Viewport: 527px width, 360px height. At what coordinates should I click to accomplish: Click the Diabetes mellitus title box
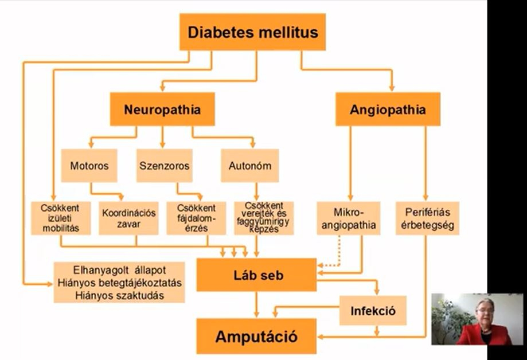coord(252,32)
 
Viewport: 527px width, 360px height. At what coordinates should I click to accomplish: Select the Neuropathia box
coord(162,109)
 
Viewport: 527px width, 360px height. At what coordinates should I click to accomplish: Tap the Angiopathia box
coord(388,109)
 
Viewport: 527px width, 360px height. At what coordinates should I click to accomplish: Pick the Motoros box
coord(89,166)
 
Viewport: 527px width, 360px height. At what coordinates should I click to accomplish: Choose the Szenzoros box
coord(164,166)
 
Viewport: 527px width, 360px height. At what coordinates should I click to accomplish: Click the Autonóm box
coord(249,166)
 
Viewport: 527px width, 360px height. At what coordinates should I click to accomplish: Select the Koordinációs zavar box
coord(128,218)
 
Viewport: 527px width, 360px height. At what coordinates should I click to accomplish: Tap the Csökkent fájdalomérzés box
coord(196,218)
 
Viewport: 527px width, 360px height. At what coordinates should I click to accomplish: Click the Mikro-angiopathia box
coord(349,218)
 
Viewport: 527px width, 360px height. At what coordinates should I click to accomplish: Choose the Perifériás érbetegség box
coord(427,218)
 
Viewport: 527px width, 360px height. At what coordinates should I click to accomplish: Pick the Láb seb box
coord(256,275)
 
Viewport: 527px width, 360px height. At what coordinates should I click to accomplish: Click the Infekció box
coord(373,311)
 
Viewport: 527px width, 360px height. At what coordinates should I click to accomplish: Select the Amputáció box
coord(256,336)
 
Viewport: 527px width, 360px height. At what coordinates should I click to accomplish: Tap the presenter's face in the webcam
coord(483,310)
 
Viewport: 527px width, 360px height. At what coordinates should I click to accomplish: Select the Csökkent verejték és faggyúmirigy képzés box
coord(264,218)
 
